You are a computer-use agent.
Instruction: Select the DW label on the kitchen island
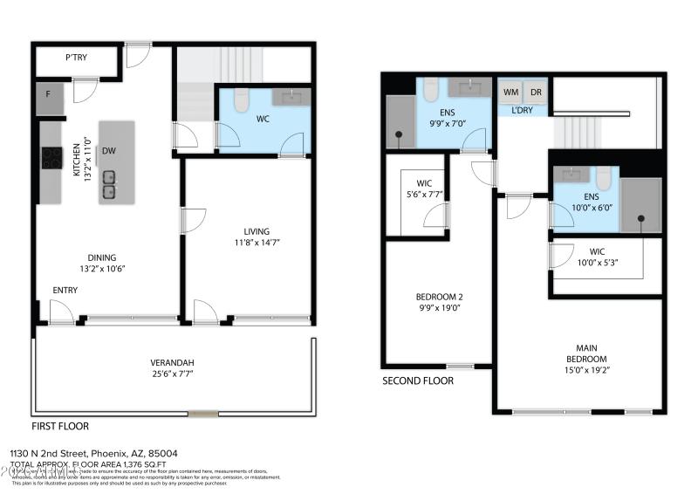(x=109, y=150)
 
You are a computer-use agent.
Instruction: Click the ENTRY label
(x=65, y=290)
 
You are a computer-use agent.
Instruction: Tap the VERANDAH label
(x=172, y=363)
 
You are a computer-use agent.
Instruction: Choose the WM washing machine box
(x=509, y=92)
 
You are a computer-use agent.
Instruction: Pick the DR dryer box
(x=536, y=92)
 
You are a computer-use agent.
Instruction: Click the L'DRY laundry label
(x=522, y=110)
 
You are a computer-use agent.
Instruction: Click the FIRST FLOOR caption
(x=60, y=427)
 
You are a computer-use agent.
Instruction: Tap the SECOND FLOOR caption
(x=417, y=381)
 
